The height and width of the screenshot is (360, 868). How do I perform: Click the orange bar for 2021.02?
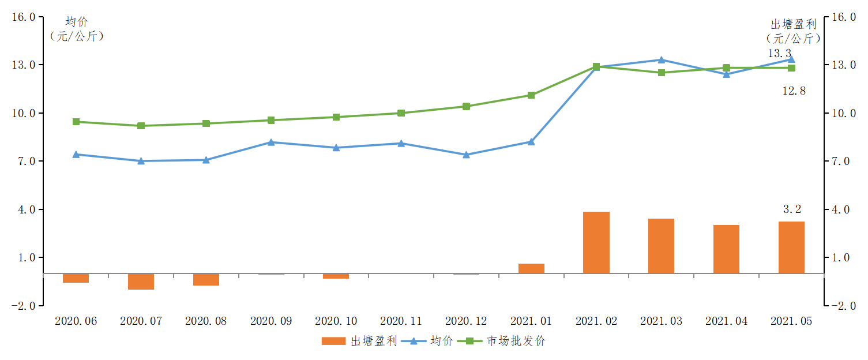596,242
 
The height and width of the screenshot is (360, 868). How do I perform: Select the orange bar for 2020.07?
141,282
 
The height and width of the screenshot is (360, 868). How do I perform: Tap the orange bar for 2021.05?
791,247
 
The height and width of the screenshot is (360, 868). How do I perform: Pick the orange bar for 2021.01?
531,268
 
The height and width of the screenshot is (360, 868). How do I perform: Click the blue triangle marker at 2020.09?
271,142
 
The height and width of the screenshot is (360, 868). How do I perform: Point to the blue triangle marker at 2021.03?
662,59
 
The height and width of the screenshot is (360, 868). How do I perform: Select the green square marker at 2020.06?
76,122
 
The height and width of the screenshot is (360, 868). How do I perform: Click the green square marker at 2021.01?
531,95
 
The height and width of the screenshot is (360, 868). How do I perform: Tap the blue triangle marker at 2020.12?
466,155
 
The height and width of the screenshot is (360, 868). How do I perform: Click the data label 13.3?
779,53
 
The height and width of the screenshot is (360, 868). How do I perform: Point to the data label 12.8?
794,91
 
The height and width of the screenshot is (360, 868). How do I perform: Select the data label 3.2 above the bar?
792,209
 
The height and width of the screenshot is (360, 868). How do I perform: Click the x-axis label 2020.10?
336,321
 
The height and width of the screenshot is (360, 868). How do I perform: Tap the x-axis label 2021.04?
726,321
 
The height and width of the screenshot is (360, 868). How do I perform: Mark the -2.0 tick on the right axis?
843,306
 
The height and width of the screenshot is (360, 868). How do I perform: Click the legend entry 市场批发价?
515,341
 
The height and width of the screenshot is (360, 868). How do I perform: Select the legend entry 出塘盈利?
374,341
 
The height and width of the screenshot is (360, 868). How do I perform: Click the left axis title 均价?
77,22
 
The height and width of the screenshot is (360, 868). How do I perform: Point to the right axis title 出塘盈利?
794,24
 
